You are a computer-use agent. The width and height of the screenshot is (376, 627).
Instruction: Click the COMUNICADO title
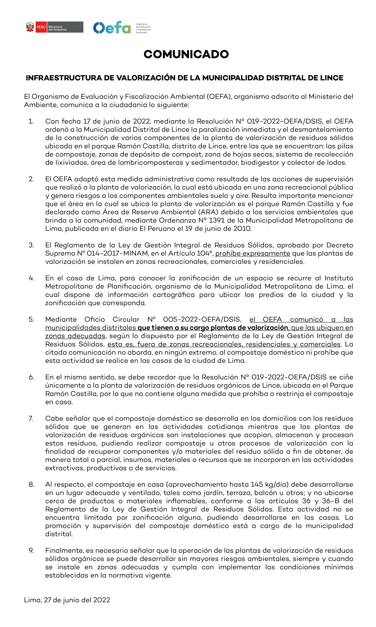pos(186,54)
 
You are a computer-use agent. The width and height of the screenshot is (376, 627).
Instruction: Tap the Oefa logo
pos(112,27)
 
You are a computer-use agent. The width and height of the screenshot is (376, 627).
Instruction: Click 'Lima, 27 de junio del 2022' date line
pos(67,600)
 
